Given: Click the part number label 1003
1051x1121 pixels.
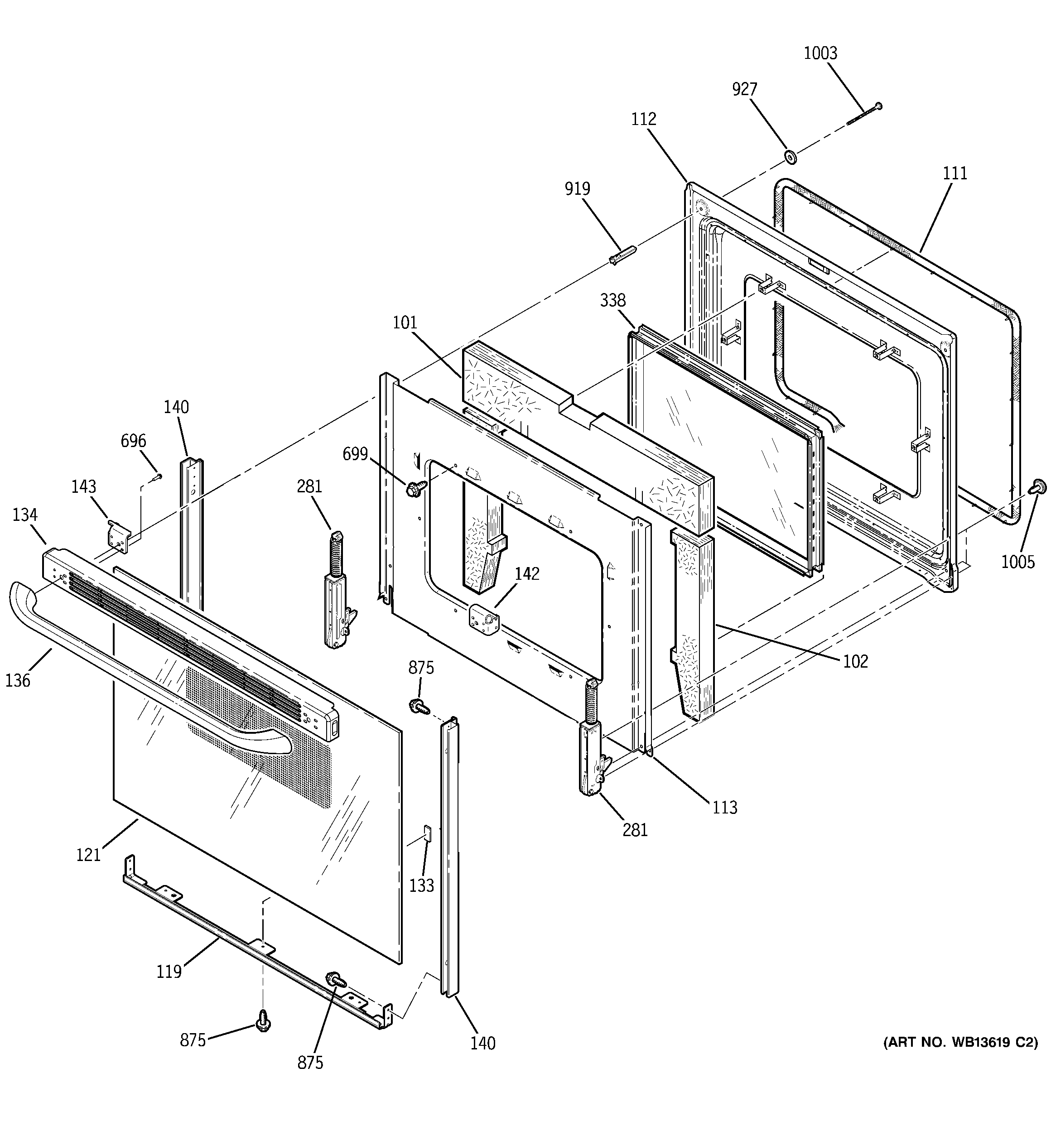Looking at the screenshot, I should coord(820,53).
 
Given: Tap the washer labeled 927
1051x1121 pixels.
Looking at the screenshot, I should coord(791,157).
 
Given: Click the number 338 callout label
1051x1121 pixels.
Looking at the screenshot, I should coord(612,301).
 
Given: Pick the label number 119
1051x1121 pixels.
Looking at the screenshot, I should coord(169,972).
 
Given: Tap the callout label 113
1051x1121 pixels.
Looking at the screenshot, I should coord(724,808).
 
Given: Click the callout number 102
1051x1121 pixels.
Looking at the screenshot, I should coord(855,661).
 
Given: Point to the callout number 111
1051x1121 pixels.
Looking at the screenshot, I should coord(955,173).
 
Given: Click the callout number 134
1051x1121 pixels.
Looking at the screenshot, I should coord(25,515).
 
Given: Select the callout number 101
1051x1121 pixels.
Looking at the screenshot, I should coord(405,323).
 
